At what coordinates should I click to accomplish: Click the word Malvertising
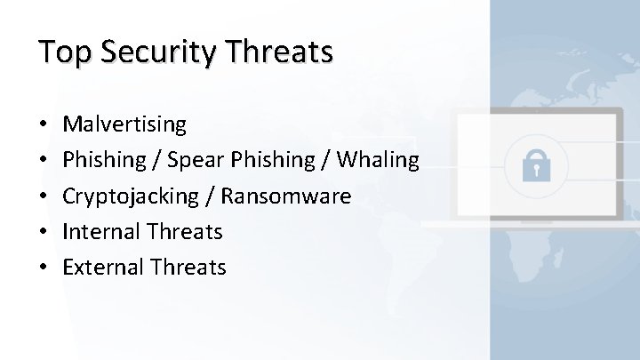[x=125, y=124]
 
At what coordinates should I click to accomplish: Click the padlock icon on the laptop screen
[x=536, y=165]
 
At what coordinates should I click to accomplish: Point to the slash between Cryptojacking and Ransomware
[x=212, y=196]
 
